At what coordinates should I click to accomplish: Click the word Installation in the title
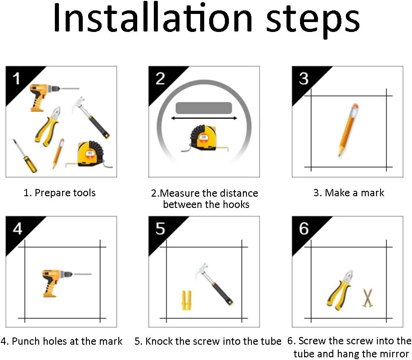tap(153, 18)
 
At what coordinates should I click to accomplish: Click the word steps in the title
tap(313, 21)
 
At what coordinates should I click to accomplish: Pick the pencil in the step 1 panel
tap(58, 153)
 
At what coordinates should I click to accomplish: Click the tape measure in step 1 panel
tap(90, 154)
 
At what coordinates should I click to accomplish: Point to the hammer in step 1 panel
tap(91, 117)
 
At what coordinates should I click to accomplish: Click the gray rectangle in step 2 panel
tap(204, 108)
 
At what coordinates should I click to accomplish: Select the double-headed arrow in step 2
tap(204, 118)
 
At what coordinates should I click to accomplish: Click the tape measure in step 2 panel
tap(204, 139)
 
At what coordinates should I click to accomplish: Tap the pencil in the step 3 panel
tap(348, 130)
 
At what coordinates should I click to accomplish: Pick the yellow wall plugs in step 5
tap(187, 300)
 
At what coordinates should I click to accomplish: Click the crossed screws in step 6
tap(368, 298)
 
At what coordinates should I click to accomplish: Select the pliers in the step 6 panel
tap(340, 290)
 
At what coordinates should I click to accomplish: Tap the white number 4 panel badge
tap(18, 229)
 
